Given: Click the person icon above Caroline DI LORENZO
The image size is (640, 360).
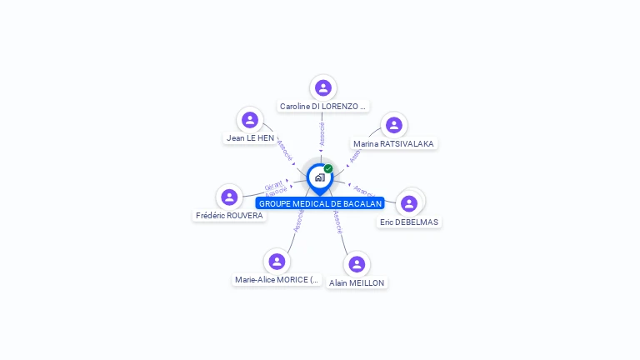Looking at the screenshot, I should [x=323, y=87].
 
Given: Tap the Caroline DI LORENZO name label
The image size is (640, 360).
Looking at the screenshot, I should [x=323, y=107].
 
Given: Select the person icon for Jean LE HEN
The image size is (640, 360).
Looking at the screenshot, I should [x=250, y=119].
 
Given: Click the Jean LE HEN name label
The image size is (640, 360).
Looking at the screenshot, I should [x=250, y=137].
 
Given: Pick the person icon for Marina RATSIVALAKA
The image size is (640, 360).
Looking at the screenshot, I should [x=393, y=125].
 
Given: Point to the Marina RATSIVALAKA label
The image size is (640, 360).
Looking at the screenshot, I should [x=393, y=143].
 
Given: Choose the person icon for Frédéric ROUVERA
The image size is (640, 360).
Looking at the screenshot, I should [x=229, y=197].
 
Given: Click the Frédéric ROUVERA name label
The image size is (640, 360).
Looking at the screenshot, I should [x=229, y=215].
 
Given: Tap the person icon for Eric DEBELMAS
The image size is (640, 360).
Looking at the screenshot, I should [x=408, y=203].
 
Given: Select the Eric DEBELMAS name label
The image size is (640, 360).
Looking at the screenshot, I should [x=409, y=222].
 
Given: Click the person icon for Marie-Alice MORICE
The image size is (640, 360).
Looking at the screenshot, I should [x=277, y=262].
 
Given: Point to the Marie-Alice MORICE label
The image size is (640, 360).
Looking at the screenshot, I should [x=277, y=280].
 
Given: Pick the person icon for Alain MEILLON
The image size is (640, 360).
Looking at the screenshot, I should [x=357, y=264].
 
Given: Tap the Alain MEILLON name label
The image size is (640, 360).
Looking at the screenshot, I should [x=357, y=282].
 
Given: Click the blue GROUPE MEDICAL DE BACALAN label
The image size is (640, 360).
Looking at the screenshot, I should [x=320, y=203].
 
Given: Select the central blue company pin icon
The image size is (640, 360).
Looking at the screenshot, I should [x=319, y=177].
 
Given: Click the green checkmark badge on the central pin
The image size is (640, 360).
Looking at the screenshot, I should [x=328, y=168].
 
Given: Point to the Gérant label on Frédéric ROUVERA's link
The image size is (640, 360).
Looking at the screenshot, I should [x=273, y=185].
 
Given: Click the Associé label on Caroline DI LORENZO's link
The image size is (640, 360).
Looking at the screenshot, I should [x=322, y=133].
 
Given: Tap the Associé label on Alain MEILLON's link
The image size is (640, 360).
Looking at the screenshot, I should [x=337, y=222].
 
